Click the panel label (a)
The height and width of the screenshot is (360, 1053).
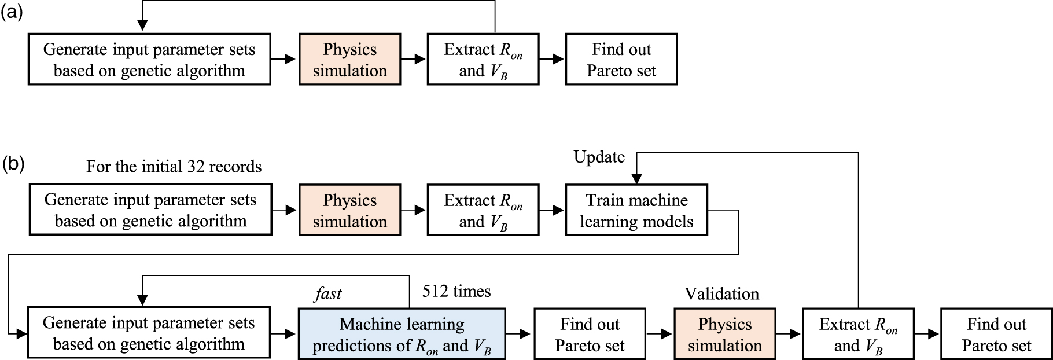[12, 12]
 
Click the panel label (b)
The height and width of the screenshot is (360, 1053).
[12, 164]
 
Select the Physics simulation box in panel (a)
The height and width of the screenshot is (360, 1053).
[349, 60]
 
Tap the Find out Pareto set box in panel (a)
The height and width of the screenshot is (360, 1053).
[621, 60]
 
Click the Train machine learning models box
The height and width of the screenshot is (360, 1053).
[636, 210]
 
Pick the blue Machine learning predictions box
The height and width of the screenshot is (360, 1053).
[402, 334]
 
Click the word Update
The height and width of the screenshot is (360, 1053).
[599, 157]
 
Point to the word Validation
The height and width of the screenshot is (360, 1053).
[721, 294]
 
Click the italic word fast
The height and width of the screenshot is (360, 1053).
[328, 294]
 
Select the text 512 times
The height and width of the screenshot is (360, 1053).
[456, 291]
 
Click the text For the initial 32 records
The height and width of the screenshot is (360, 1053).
[174, 167]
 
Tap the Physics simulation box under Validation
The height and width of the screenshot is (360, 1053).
[724, 334]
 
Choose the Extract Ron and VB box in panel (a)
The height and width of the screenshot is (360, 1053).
[483, 60]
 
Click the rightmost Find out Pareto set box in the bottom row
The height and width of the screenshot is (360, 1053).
[996, 334]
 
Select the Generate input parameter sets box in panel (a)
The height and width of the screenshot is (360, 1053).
[149, 60]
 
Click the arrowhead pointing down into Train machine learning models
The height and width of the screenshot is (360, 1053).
[636, 179]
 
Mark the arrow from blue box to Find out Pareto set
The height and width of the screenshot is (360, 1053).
[519, 334]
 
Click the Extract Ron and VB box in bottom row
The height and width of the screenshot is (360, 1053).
[858, 334]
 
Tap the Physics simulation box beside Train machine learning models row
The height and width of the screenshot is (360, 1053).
[349, 210]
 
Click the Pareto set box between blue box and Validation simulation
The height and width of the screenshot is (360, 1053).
[590, 334]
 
